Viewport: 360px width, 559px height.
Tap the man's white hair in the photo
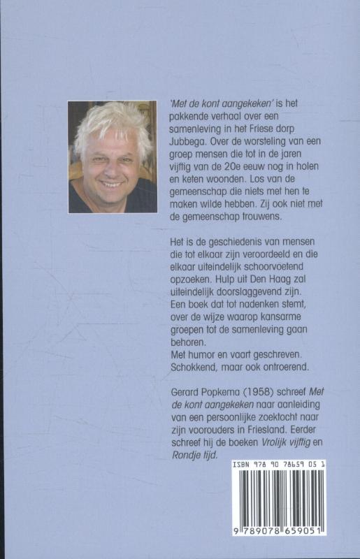[x=112, y=122]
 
